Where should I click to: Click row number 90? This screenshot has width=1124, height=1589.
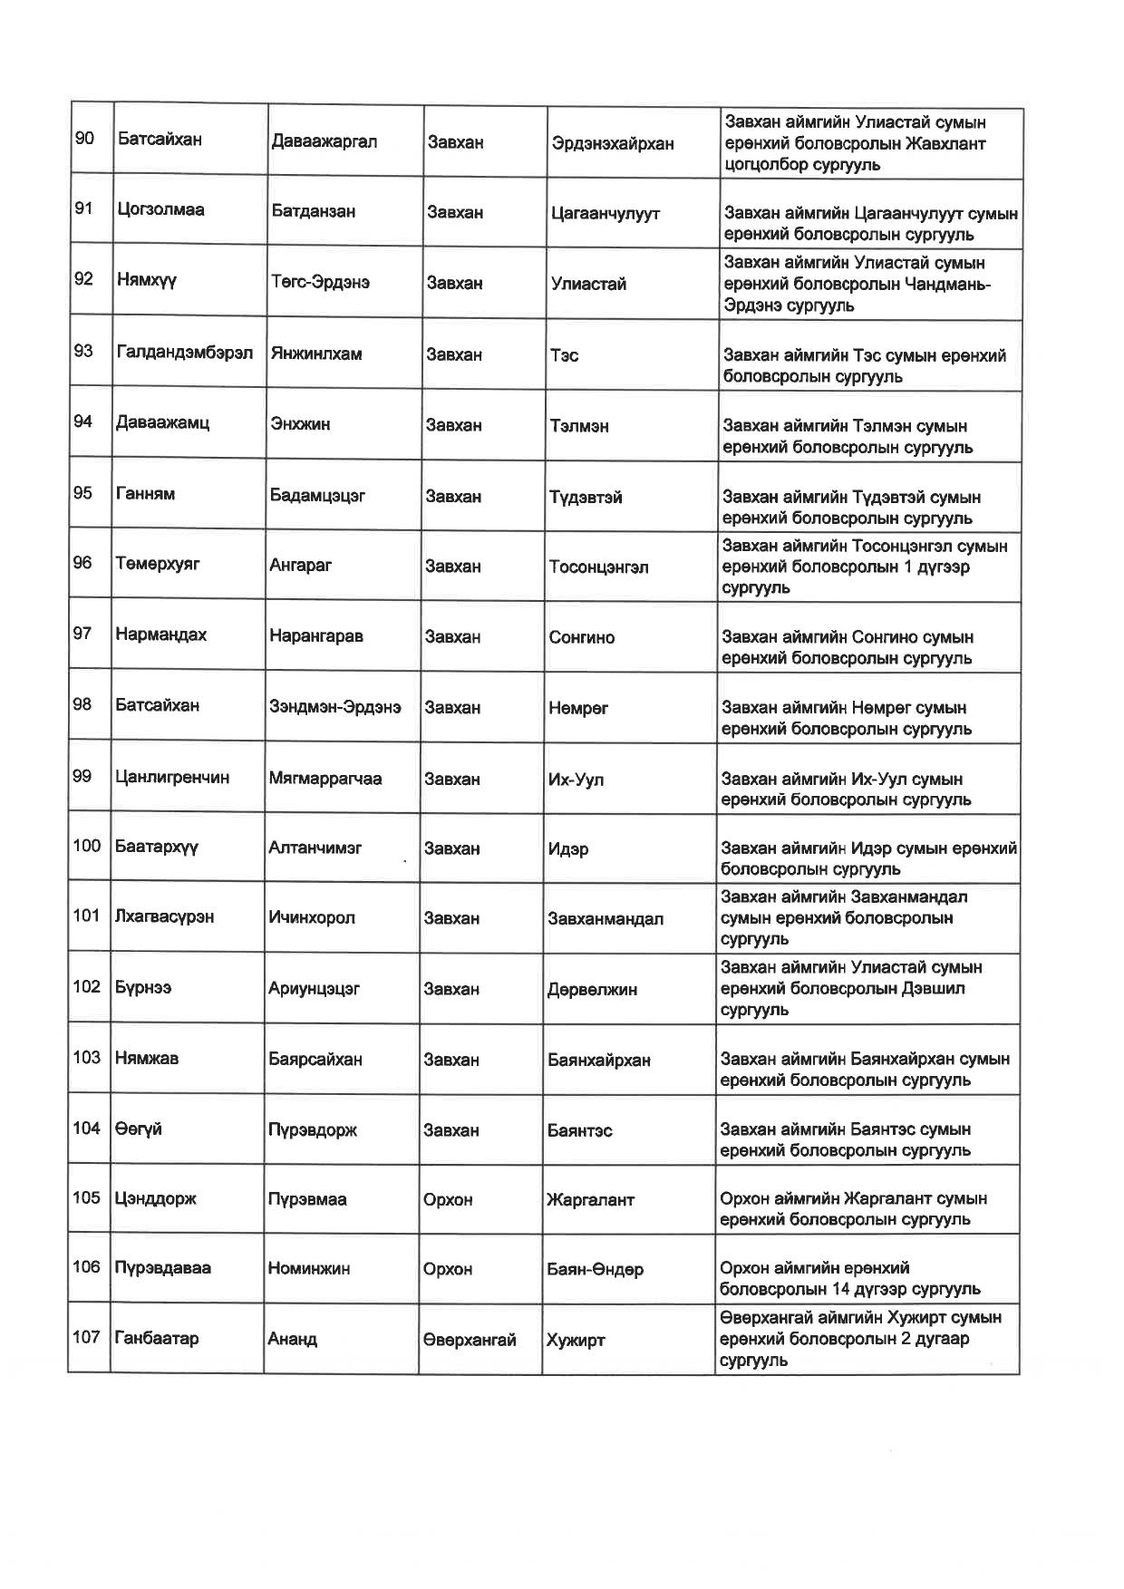click(x=84, y=139)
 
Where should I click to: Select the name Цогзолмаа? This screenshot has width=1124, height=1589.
click(x=160, y=209)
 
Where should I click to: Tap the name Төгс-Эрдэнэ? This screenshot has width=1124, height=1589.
click(x=320, y=282)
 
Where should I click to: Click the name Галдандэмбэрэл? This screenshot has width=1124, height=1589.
click(x=185, y=352)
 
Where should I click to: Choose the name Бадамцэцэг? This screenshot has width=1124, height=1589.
click(x=317, y=495)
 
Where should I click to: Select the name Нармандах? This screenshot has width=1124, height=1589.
click(x=160, y=635)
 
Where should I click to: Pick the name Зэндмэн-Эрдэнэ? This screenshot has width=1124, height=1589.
click(x=334, y=707)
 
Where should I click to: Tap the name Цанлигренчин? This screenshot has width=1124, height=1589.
click(x=172, y=778)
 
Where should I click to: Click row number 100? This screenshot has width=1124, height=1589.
click(x=87, y=846)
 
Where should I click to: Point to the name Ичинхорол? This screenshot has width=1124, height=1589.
click(x=312, y=917)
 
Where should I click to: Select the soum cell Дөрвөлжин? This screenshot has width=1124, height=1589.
click(x=592, y=990)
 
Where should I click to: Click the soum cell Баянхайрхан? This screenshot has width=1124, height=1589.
click(x=598, y=1060)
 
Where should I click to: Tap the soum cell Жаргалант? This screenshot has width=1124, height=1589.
click(x=590, y=1200)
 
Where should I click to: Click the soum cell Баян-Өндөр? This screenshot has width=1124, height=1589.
click(x=595, y=1270)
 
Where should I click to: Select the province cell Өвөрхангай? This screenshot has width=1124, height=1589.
click(x=469, y=1340)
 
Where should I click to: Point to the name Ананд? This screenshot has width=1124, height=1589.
click(x=292, y=1339)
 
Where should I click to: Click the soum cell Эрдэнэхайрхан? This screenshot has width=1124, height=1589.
click(x=613, y=143)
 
